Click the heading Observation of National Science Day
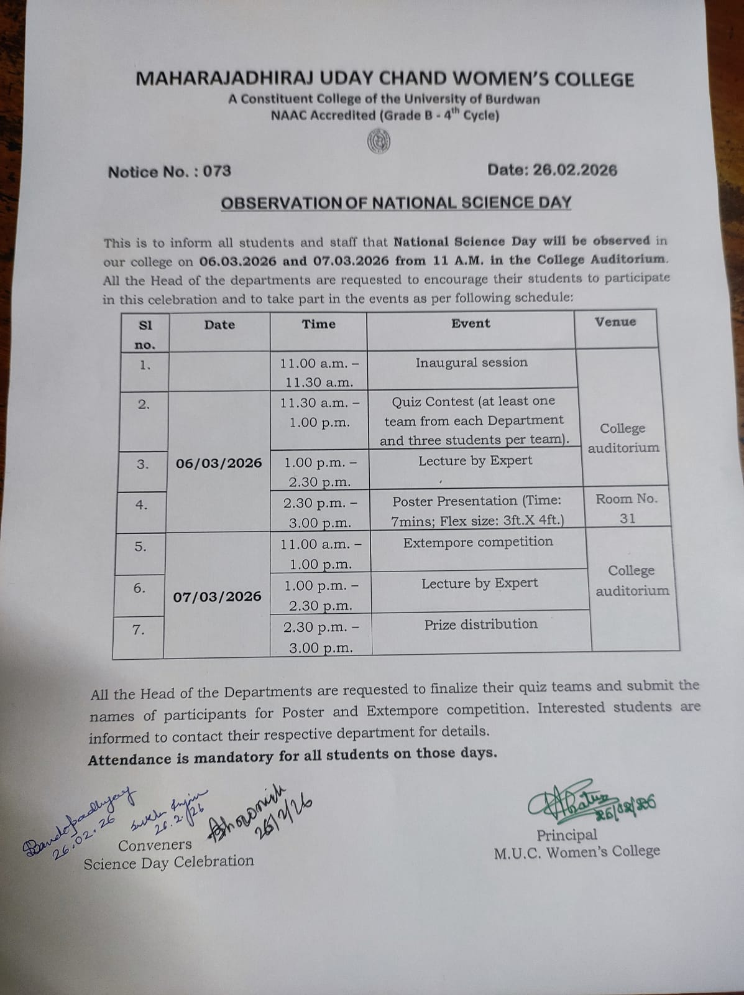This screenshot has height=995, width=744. (x=396, y=203)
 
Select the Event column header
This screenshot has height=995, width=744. (x=471, y=323)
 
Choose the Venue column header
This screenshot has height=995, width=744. (x=615, y=322)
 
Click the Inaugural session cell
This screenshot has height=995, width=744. (x=471, y=363)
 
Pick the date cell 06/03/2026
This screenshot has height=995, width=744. (x=219, y=463)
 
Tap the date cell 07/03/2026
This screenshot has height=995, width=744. (x=217, y=596)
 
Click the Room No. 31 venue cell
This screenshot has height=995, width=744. (x=627, y=508)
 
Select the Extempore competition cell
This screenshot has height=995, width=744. (x=478, y=542)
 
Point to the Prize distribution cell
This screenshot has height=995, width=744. (x=480, y=624)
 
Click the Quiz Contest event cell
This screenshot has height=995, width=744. (x=474, y=420)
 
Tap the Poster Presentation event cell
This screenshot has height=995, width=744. (x=477, y=510)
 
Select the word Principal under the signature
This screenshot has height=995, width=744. (x=567, y=835)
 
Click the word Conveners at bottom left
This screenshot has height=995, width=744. (x=155, y=845)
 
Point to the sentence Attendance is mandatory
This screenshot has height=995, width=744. (x=292, y=756)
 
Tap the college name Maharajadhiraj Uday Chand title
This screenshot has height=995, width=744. (x=385, y=79)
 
